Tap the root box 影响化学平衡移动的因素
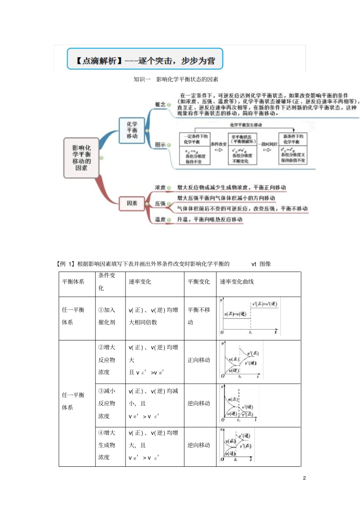[81, 158]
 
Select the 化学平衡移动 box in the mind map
[132, 130]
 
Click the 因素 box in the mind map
[132, 203]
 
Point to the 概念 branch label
[160, 104]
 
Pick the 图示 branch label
[160, 144]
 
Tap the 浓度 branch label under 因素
[160, 187]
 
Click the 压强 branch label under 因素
[160, 204]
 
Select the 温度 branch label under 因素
[160, 219]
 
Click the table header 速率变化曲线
[237, 282]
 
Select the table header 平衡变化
[199, 282]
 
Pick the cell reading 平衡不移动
[199, 316]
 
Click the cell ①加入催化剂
[107, 316]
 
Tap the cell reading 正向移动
[199, 360]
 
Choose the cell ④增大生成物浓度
[107, 445]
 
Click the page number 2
[304, 478]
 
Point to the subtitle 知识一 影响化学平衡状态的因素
[176, 79]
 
